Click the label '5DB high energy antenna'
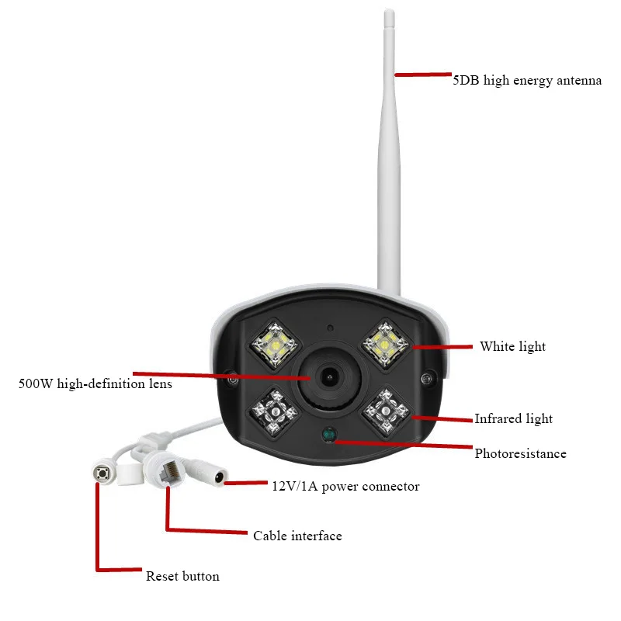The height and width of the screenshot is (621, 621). point(527,80)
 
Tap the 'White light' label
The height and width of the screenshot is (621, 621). point(512,347)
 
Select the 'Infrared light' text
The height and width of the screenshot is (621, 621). point(513,419)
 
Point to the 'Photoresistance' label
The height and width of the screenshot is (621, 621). point(520,454)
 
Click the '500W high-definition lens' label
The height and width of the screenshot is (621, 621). point(95,383)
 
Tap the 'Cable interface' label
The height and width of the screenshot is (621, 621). point(297,536)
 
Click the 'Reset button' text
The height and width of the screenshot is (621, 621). point(182,577)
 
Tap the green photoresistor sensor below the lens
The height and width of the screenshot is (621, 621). point(328,435)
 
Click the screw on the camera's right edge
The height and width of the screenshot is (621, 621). point(425,379)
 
